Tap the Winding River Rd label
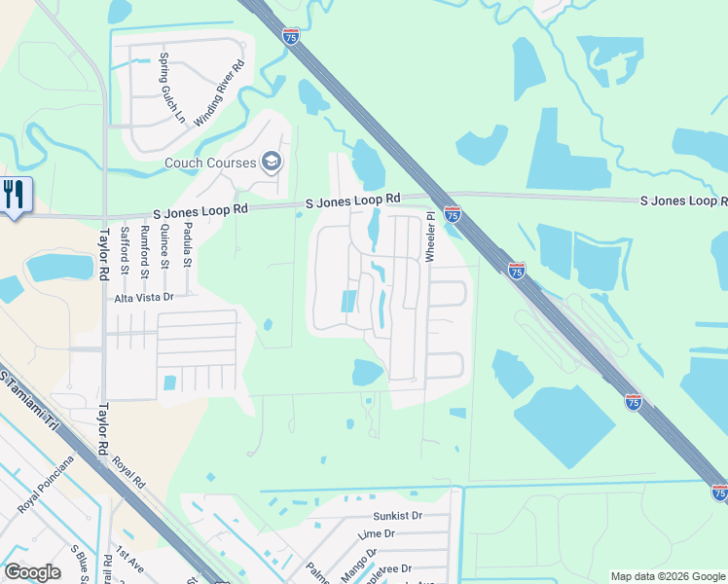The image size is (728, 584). coord(219,93)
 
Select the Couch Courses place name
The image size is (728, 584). coord(210,164)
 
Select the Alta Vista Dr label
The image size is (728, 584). coord(143,298)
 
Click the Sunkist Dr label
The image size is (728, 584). coord(397,516)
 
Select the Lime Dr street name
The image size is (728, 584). coord(376,534)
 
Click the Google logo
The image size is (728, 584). coord(32,572)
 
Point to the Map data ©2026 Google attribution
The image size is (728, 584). coord(667,576)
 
